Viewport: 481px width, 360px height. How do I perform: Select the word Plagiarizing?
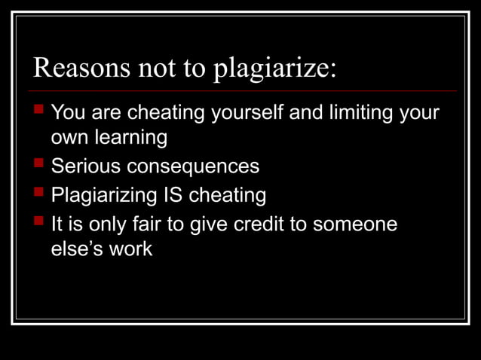103,196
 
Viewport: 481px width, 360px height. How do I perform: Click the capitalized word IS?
172,195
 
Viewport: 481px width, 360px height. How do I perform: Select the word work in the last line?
130,249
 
